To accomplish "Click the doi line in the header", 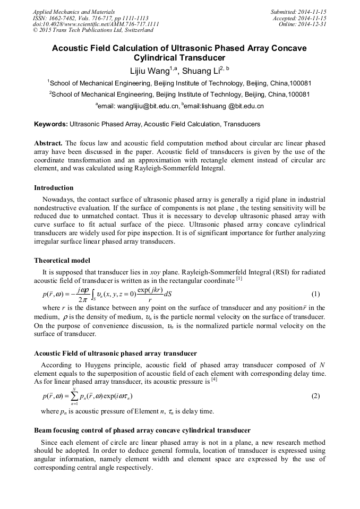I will (96, 24).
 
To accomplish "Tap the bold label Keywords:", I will (51, 124).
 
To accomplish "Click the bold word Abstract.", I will (48, 144).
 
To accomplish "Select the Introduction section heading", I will (54, 188).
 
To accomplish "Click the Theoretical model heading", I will (62, 261).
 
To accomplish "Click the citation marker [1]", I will (239, 279).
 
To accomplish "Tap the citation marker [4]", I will (214, 379).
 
